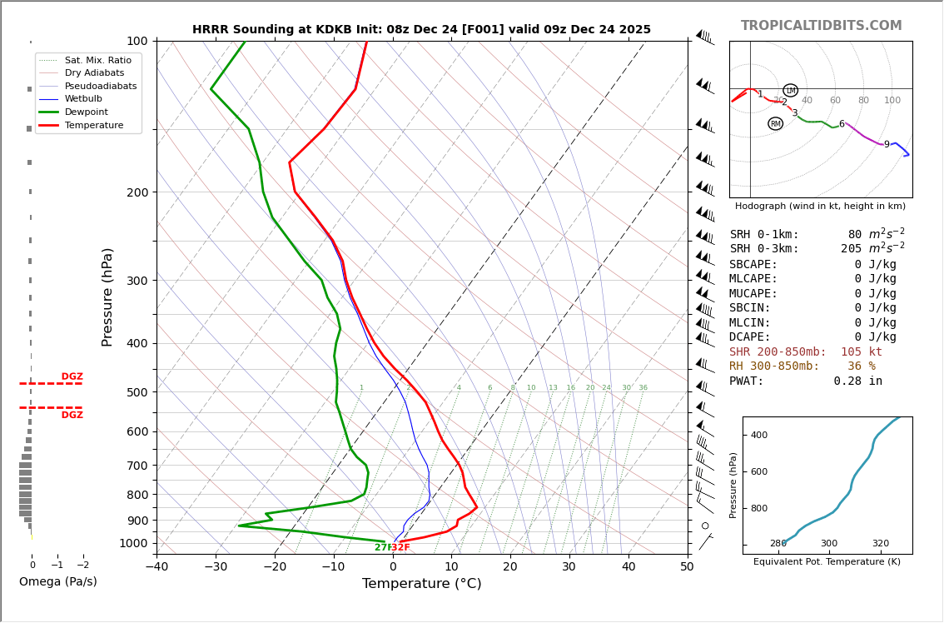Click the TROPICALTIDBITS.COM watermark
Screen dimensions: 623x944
pos(821,26)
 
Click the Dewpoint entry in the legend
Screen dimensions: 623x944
pos(87,112)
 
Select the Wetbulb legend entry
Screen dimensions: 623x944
pos(83,98)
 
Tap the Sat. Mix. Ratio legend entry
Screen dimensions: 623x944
pos(97,60)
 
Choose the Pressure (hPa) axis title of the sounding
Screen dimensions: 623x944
pos(107,297)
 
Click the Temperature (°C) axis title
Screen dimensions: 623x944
pos(421,584)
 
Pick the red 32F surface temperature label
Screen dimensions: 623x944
pos(400,548)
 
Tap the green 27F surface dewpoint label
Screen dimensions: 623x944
pos(383,548)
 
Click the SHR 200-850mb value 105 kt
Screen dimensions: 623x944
pos(861,352)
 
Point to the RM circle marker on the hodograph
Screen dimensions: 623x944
pos(775,124)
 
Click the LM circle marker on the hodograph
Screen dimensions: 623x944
pos(790,91)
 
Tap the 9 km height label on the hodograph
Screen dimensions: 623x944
pos(887,145)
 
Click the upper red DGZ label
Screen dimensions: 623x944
pos(72,376)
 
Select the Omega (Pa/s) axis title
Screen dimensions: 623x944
pos(57,582)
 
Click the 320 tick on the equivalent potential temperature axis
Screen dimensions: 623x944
pos(880,544)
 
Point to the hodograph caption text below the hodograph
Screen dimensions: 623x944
pos(820,206)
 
